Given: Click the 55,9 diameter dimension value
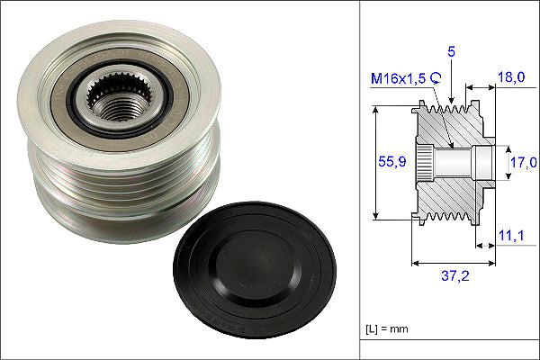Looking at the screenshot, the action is pyautogui.click(x=391, y=161).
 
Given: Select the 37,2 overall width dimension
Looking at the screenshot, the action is pyautogui.click(x=454, y=275).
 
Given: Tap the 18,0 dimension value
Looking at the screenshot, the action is pyautogui.click(x=511, y=76).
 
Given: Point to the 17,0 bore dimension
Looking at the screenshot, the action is pyautogui.click(x=523, y=162).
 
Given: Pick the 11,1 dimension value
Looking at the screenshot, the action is pyautogui.click(x=511, y=236).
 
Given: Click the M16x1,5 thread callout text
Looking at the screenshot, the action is pyautogui.click(x=399, y=79).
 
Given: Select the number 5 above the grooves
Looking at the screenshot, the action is pyautogui.click(x=451, y=51).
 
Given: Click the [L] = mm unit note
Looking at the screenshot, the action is pyautogui.click(x=387, y=328).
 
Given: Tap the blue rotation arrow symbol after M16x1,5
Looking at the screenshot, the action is pyautogui.click(x=436, y=78).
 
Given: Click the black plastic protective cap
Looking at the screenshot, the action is pyautogui.click(x=255, y=269).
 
